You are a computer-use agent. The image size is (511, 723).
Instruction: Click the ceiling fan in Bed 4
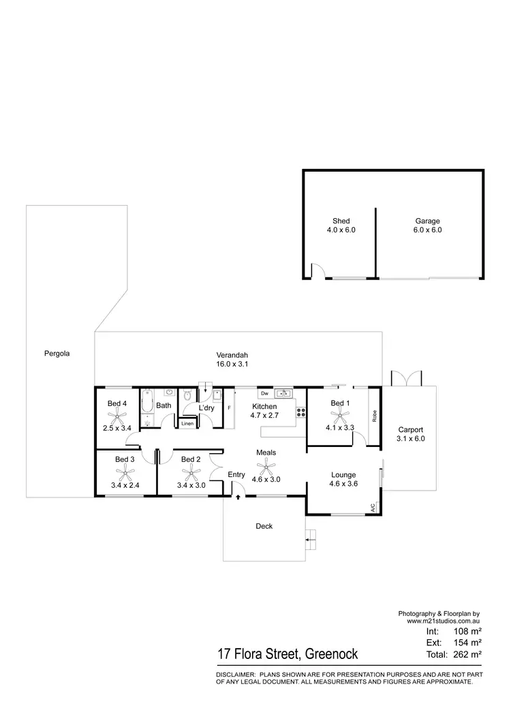click(x=117, y=418)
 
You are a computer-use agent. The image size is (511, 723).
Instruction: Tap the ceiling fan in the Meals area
click(x=265, y=467)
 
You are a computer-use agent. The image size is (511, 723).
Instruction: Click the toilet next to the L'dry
click(x=187, y=397)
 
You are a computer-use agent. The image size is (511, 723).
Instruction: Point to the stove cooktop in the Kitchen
click(x=300, y=411)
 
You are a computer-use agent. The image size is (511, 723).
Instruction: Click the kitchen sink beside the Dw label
click(x=283, y=393)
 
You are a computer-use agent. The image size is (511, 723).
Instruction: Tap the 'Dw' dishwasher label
click(x=264, y=394)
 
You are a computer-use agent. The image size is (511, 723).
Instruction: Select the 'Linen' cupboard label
click(x=187, y=424)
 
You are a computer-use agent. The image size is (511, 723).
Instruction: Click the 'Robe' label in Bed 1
click(x=375, y=416)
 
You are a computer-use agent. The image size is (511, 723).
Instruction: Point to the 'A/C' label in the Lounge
click(x=373, y=508)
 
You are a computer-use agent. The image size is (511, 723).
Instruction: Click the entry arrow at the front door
click(x=238, y=497)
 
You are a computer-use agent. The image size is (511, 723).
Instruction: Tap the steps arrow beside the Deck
click(x=311, y=540)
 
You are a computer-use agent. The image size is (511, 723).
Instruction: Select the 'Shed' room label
click(x=341, y=221)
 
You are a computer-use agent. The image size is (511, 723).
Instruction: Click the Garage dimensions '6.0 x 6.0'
click(x=428, y=230)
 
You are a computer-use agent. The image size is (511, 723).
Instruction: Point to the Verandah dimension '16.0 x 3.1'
click(x=232, y=365)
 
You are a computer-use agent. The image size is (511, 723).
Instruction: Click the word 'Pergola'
click(x=57, y=354)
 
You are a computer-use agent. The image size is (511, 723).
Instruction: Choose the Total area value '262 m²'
click(x=467, y=654)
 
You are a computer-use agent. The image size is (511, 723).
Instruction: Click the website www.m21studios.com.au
click(x=445, y=621)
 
